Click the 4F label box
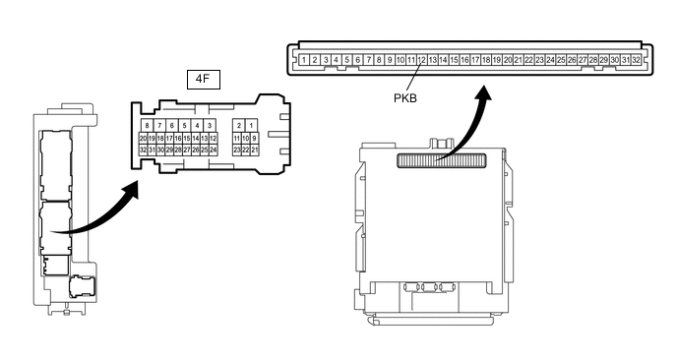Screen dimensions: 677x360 click(202, 77)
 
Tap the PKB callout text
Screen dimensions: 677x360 click(406, 97)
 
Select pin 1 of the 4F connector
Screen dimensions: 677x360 click(252, 126)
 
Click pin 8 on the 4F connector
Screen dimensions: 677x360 click(147, 126)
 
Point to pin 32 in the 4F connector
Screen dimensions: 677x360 click(143, 150)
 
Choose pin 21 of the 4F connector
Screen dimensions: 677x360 click(254, 150)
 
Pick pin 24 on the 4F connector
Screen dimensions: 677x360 click(214, 150)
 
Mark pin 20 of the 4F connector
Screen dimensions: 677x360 click(143, 139)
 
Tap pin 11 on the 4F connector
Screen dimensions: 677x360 click(237, 139)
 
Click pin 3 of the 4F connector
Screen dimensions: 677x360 click(210, 126)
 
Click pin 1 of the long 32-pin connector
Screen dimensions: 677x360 click(304, 60)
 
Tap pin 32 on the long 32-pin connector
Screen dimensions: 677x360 click(636, 60)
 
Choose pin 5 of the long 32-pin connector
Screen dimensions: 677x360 click(346, 60)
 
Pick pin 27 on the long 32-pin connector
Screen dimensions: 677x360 click(582, 60)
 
